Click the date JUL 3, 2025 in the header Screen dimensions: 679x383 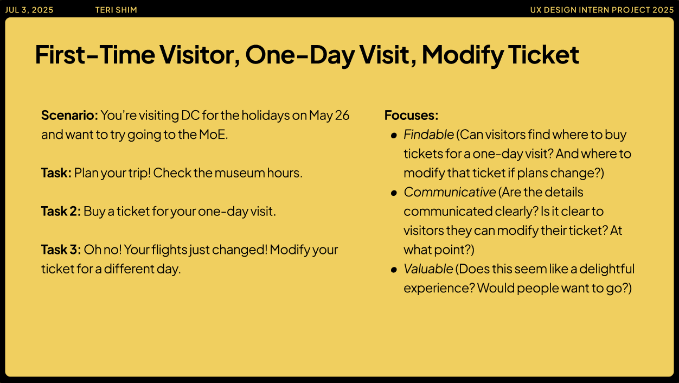tap(29, 10)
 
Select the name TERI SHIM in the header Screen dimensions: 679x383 tap(116, 10)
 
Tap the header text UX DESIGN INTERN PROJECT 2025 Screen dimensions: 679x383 tap(601, 10)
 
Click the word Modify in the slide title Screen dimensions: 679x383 tap(463, 55)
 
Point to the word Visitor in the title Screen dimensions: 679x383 tap(200, 55)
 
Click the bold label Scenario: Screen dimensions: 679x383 tap(70, 115)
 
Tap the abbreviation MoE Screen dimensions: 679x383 tap(213, 135)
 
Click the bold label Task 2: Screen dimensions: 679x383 tap(61, 211)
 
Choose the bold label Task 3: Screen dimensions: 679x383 tap(61, 250)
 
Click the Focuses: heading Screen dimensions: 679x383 tap(411, 115)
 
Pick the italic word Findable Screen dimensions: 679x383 tap(428, 135)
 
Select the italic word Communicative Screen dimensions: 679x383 tap(450, 192)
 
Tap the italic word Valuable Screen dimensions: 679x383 tap(428, 269)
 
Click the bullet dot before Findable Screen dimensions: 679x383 tap(394, 136)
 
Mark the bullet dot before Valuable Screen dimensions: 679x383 tap(394, 270)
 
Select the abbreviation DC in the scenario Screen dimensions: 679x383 tap(190, 115)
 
